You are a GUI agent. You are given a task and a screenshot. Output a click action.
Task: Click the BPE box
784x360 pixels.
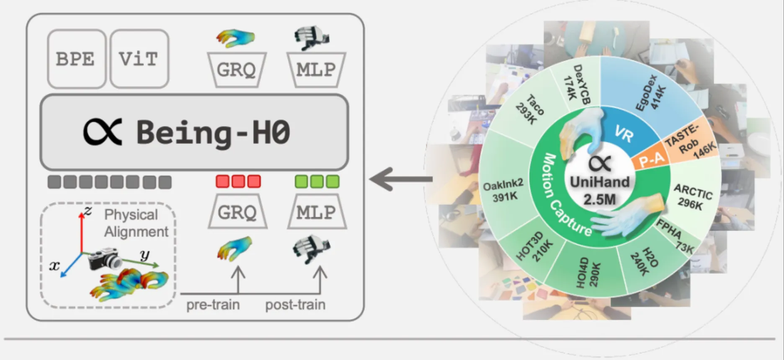[x=76, y=59]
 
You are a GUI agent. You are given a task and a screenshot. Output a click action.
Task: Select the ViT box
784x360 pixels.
[x=139, y=59]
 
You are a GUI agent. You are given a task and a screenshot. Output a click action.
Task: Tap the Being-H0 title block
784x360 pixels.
[x=194, y=132]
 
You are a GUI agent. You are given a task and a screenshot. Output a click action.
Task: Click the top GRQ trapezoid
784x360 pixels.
[x=237, y=69]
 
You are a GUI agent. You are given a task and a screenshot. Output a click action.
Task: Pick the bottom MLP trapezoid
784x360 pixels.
[x=317, y=212]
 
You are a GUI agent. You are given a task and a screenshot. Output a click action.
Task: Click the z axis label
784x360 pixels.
[x=88, y=210]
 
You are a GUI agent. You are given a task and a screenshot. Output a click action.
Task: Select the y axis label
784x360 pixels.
[x=144, y=255]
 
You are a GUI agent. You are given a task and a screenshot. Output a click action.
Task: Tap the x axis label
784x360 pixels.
[x=54, y=265]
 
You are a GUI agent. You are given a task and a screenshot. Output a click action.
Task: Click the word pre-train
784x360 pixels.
[x=213, y=305]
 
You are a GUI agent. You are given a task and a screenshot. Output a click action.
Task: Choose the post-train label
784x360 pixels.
[x=295, y=305]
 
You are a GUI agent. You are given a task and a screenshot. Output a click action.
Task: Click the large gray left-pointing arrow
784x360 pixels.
[x=400, y=179]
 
